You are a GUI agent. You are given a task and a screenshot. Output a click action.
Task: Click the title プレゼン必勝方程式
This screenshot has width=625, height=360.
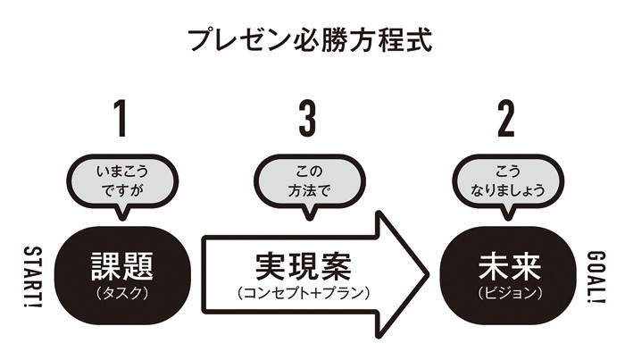pyautogui.click(x=311, y=40)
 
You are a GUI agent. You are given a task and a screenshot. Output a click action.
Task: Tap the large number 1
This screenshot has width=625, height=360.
pyautogui.click(x=122, y=118)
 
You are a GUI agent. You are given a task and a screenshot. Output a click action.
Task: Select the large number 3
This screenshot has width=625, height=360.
pyautogui.click(x=307, y=118)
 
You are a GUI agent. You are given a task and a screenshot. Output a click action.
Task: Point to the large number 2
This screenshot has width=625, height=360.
pyautogui.click(x=506, y=118)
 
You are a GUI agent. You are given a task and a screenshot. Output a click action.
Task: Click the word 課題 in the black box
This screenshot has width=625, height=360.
pyautogui.click(x=122, y=264)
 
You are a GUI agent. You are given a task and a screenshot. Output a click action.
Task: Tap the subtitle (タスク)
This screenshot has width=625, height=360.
pyautogui.click(x=122, y=291)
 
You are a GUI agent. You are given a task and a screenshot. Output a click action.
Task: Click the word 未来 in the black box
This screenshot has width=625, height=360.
pyautogui.click(x=505, y=264)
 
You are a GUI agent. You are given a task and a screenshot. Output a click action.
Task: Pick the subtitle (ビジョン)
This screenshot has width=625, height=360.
pyautogui.click(x=505, y=291)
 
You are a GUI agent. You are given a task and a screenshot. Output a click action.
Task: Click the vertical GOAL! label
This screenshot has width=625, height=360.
pyautogui.click(x=596, y=277)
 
